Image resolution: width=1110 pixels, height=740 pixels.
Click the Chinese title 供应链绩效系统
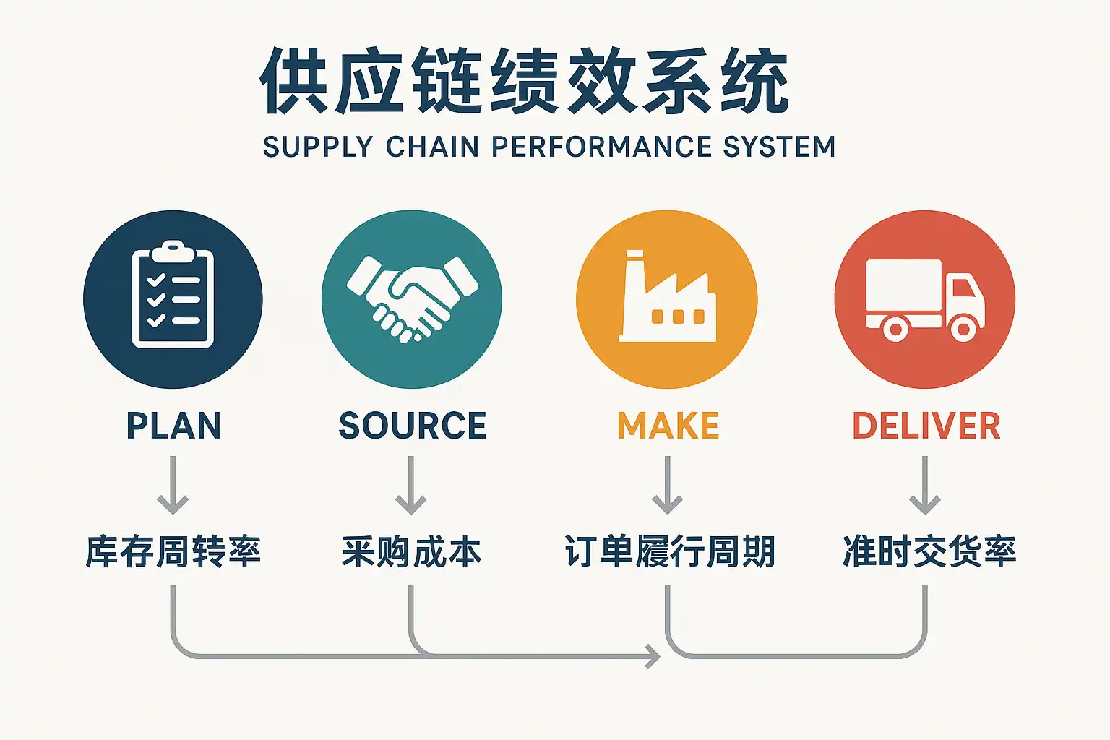click(525, 81)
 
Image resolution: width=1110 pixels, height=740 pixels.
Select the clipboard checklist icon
click(173, 295)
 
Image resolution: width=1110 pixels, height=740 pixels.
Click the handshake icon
click(412, 296)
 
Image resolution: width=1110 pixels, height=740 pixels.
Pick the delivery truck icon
click(924, 299)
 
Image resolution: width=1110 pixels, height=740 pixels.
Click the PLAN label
click(173, 426)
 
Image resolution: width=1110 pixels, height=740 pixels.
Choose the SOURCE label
click(412, 426)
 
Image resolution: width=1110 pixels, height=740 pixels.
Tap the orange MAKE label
click(668, 426)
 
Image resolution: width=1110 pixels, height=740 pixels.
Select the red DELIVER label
click(926, 426)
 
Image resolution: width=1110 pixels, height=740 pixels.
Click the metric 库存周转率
click(173, 552)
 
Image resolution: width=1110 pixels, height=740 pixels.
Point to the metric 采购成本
click(411, 552)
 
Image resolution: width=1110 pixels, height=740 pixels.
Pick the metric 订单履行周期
click(669, 552)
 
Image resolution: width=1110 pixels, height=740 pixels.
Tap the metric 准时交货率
click(929, 552)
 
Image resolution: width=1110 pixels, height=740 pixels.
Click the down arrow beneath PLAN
click(173, 485)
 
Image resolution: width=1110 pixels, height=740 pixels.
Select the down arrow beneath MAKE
click(667, 485)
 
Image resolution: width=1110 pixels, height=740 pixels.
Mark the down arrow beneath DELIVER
click(924, 485)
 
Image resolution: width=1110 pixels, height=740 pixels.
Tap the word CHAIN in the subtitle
click(432, 147)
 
